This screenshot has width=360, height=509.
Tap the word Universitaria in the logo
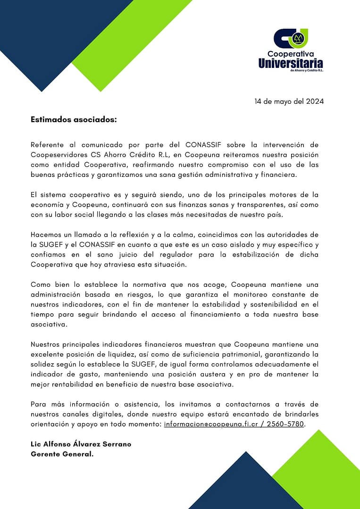(291, 63)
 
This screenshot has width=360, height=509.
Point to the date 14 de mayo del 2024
(289, 101)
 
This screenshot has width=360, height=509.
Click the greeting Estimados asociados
(74, 120)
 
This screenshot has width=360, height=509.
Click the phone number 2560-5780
(286, 424)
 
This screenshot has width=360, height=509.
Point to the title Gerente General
(62, 454)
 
